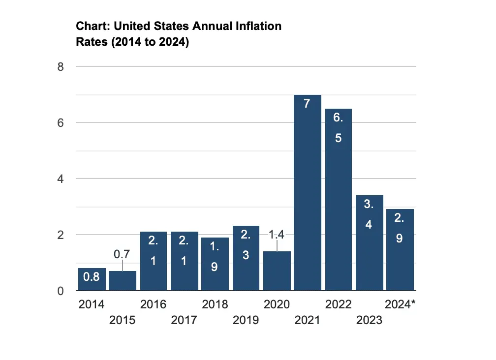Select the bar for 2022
pos(339,207)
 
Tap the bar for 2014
pos(92,279)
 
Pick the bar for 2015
pos(123,281)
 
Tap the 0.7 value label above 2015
pos(123,254)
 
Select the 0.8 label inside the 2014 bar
pos(92,277)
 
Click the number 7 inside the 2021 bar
pos(307,105)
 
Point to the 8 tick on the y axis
pos(61,66)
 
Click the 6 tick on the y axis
pos(61,122)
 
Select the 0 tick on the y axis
pos(61,291)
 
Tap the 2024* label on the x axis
pos(400,305)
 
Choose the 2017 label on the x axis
pos(184,321)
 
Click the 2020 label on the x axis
pos(277,305)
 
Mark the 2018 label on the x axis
pos(215,305)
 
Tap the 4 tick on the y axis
pos(61,179)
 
